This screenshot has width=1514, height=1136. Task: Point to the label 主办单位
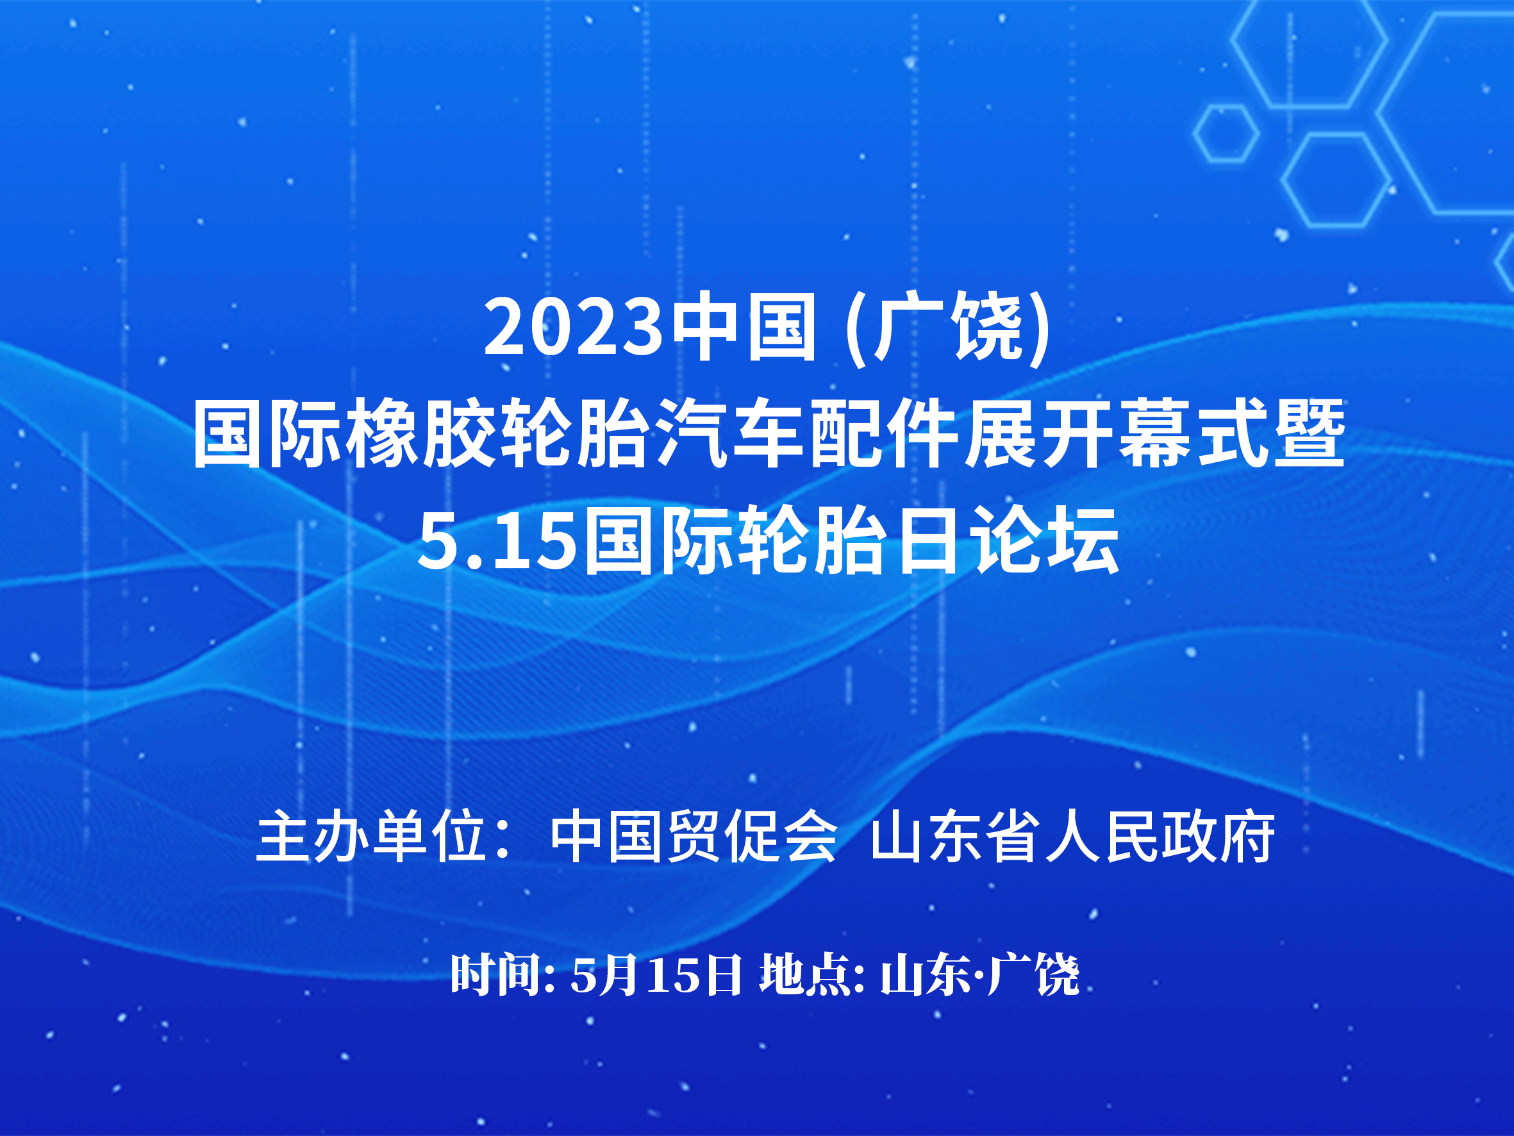click(x=371, y=837)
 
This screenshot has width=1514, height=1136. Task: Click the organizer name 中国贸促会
click(x=694, y=837)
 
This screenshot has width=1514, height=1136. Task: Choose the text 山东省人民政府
click(x=1072, y=837)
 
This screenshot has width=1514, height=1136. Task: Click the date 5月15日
click(x=656, y=975)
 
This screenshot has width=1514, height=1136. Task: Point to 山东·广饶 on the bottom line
click(x=979, y=975)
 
